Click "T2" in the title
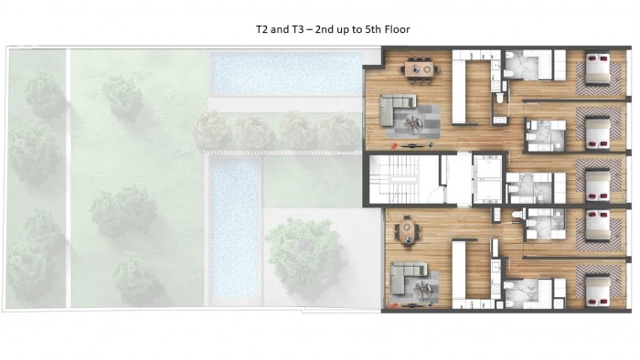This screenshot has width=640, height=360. tap(261, 29)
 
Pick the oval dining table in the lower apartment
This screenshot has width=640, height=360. tap(407, 231)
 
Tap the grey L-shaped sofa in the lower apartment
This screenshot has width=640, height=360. tap(405, 277)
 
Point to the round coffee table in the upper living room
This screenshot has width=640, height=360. tap(412, 123)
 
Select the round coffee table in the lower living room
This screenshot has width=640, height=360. tap(422, 289)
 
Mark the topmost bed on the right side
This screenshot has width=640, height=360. tap(598, 69)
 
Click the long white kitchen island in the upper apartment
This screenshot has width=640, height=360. tap(459, 91)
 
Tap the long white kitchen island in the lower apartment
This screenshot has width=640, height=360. tap(459, 270)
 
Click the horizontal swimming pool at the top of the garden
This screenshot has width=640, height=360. tap(286, 73)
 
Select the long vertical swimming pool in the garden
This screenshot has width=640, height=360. tap(236, 228)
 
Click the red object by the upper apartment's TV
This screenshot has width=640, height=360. tap(394, 145)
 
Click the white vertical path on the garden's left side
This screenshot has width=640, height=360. tap(69, 178)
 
